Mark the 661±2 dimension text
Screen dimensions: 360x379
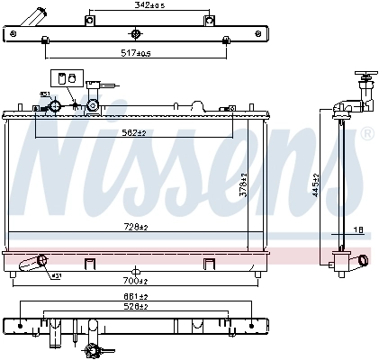135,294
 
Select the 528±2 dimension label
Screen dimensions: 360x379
135,305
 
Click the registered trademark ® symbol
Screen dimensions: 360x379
367,134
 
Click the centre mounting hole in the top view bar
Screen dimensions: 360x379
135,34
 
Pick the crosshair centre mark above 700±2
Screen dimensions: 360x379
134,270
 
